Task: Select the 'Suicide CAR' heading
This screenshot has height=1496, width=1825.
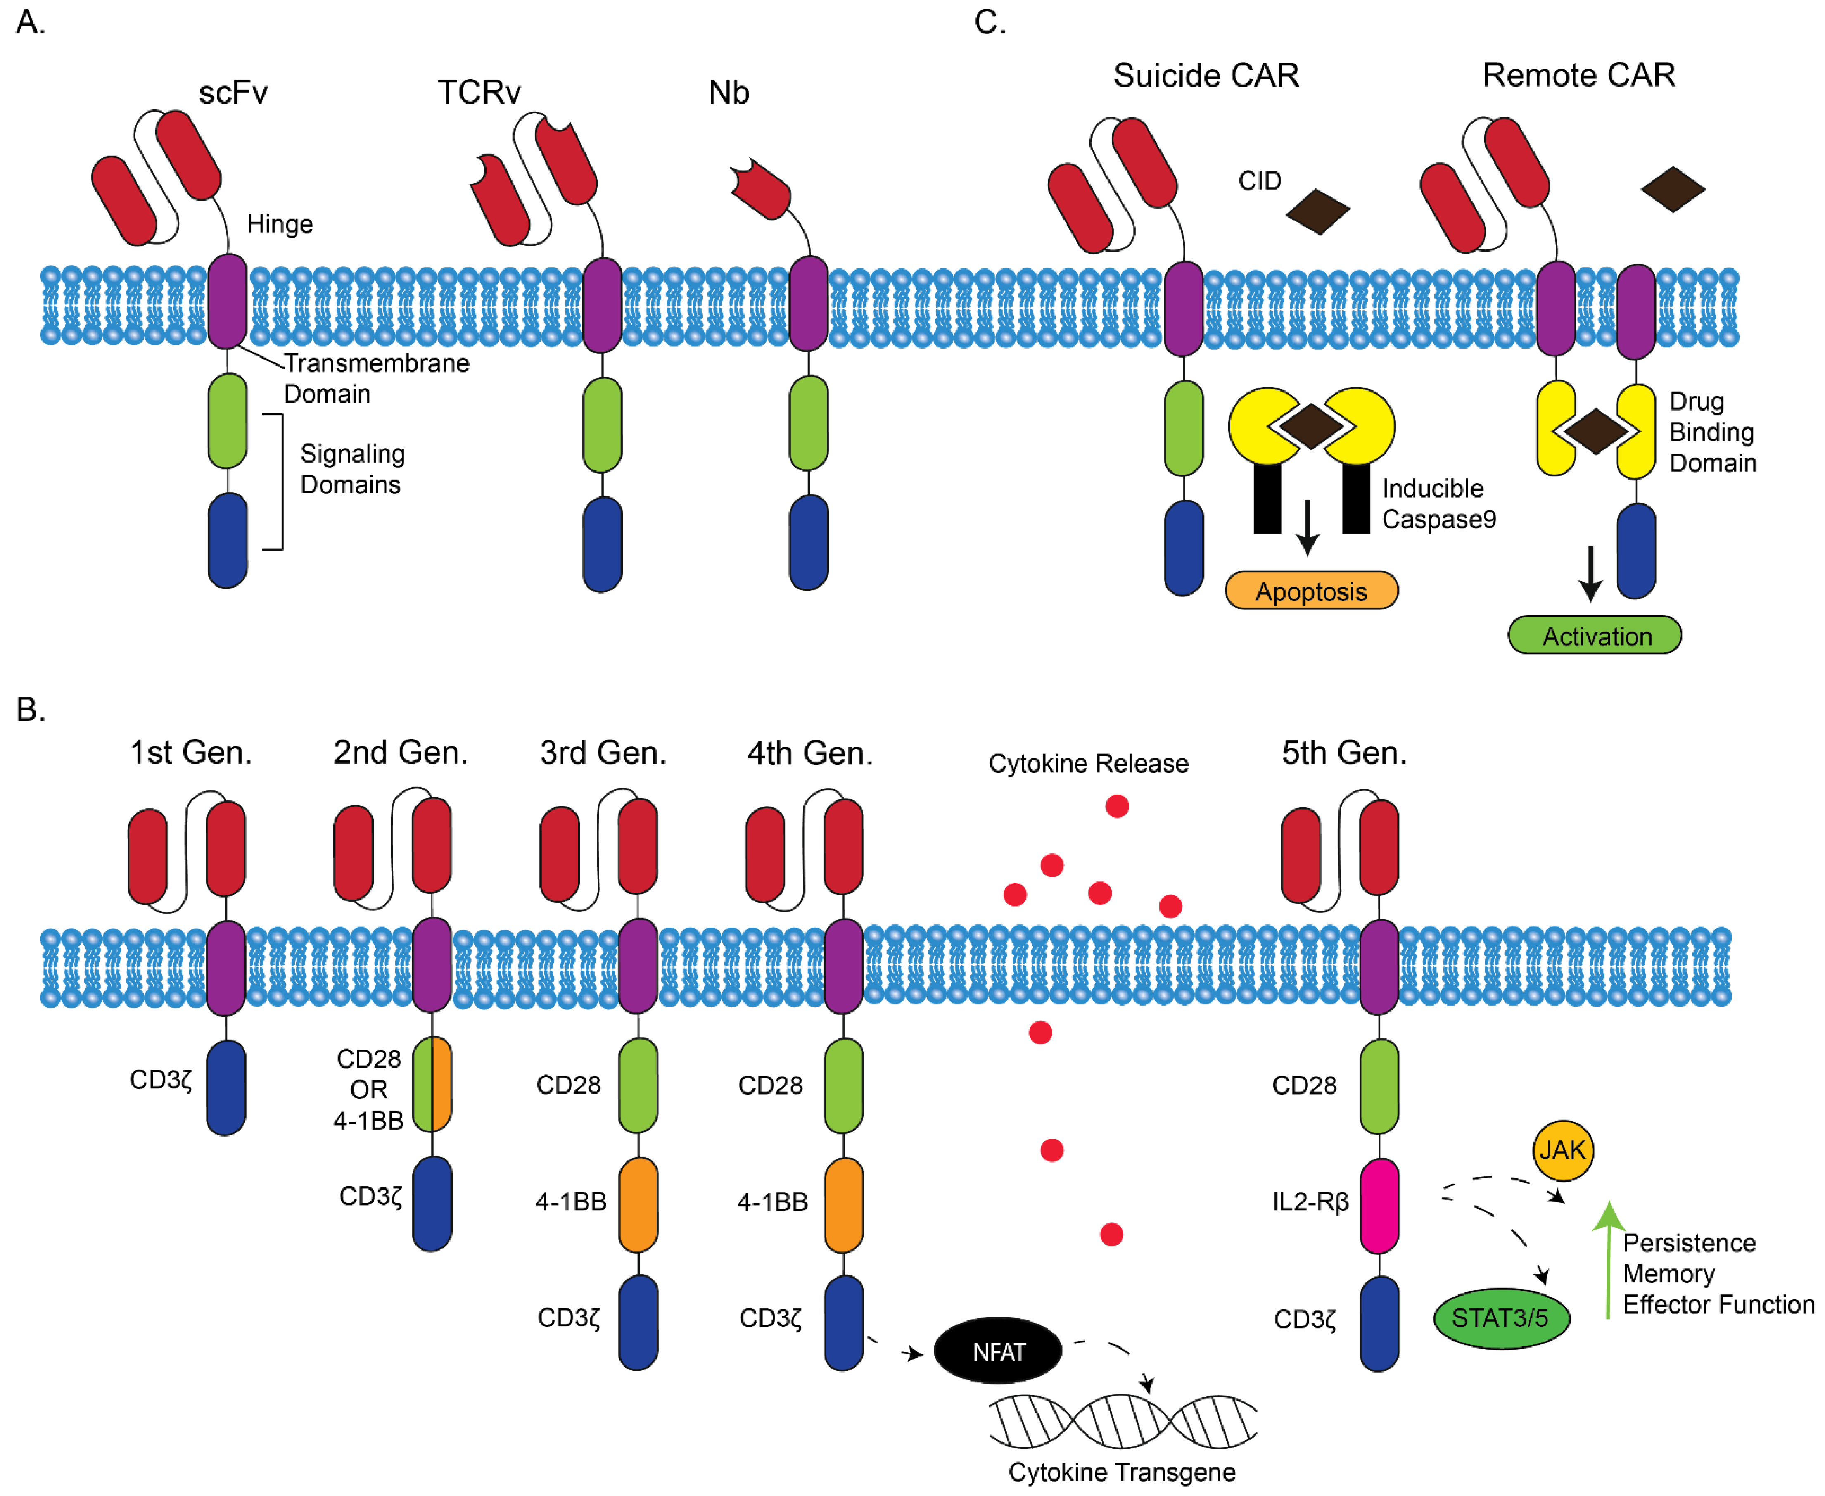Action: pos(1206,76)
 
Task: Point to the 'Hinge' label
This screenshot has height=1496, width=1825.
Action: pos(279,224)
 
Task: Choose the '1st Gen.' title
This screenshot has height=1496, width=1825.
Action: pos(190,752)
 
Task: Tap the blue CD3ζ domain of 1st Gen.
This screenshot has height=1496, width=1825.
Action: pos(226,1088)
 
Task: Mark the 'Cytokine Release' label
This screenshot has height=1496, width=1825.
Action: pos(1088,764)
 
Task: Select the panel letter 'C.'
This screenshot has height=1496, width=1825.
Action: pos(989,22)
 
